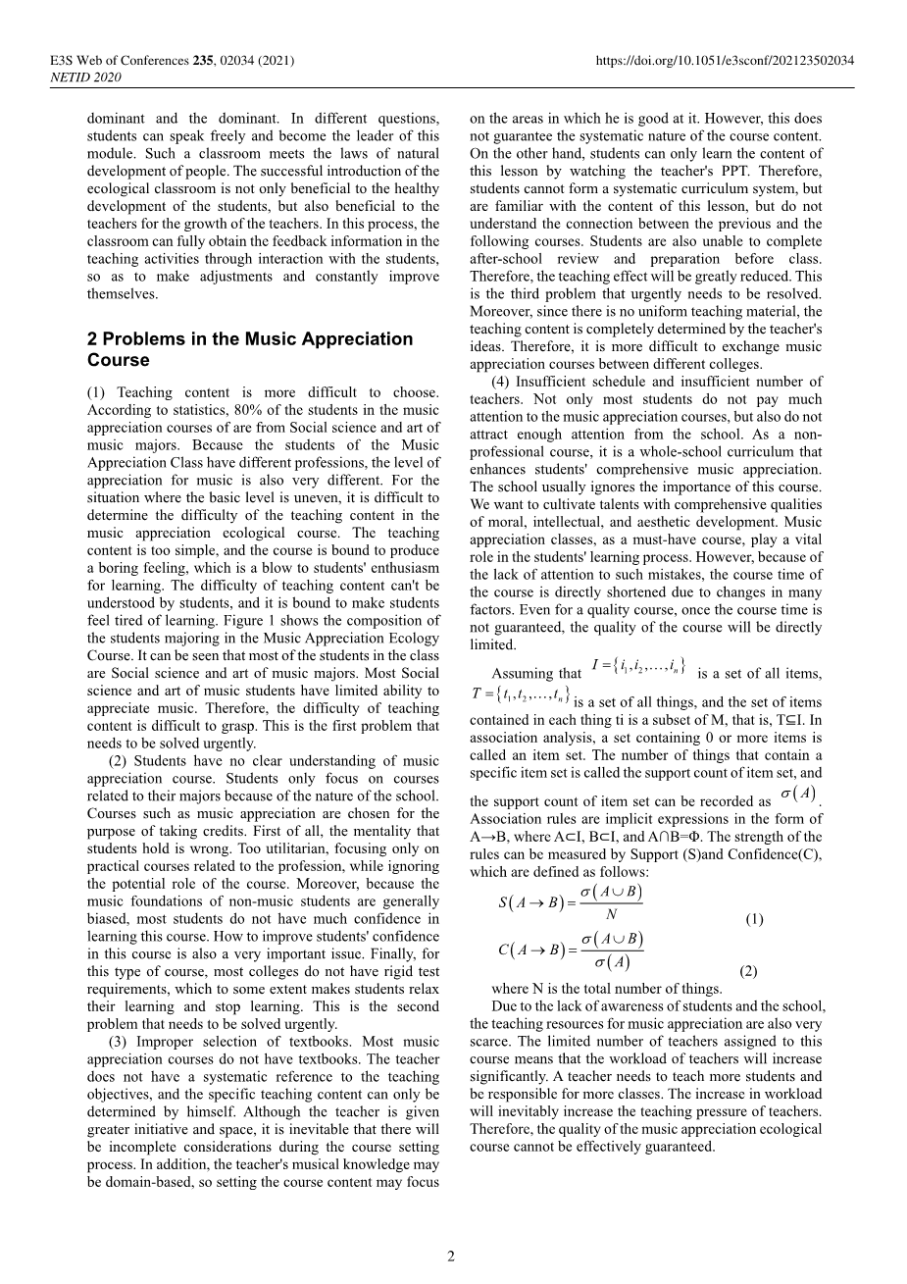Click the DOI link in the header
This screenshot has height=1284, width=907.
pyautogui.click(x=725, y=61)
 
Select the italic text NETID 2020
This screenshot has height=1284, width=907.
pyautogui.click(x=85, y=77)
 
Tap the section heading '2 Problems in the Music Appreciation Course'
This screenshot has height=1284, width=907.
pyautogui.click(x=250, y=349)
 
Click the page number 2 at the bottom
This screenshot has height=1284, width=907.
pyautogui.click(x=451, y=1257)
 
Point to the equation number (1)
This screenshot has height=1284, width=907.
pyautogui.click(x=754, y=919)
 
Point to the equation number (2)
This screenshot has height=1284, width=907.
pyautogui.click(x=748, y=971)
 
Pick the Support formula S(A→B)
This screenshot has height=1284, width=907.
pyautogui.click(x=572, y=902)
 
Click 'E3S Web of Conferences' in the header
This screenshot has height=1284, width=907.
pyautogui.click(x=115, y=61)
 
